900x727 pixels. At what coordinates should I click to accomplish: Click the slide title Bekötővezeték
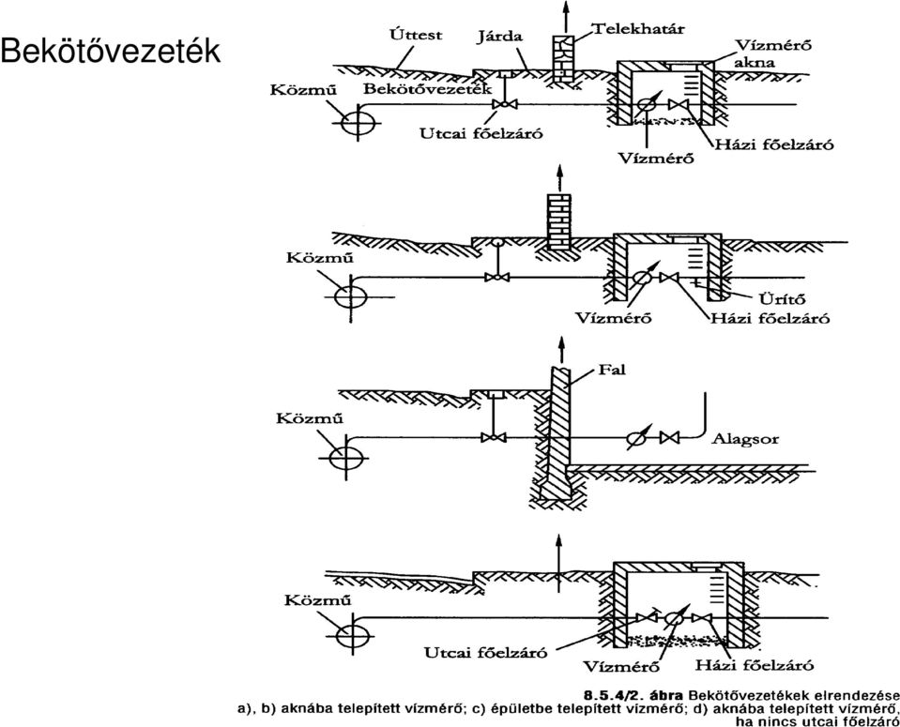click(x=110, y=51)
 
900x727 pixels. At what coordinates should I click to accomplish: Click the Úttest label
click(x=416, y=35)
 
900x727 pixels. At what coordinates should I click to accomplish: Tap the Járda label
click(x=499, y=38)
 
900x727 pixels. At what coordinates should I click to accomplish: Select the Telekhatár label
click(x=638, y=27)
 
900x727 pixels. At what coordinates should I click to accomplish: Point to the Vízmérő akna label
click(x=773, y=53)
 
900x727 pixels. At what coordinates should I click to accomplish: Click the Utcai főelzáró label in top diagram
click(x=481, y=134)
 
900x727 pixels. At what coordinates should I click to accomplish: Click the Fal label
click(x=612, y=370)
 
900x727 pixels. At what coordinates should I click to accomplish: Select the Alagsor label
click(x=745, y=439)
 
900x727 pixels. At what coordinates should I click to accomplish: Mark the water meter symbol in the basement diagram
click(x=636, y=437)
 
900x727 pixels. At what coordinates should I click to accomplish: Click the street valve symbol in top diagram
click(x=504, y=104)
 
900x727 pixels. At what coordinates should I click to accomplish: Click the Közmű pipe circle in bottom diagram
click(x=354, y=636)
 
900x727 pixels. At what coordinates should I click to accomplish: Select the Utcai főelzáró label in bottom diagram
click(x=485, y=652)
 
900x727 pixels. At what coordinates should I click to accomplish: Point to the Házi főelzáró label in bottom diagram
click(x=755, y=665)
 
